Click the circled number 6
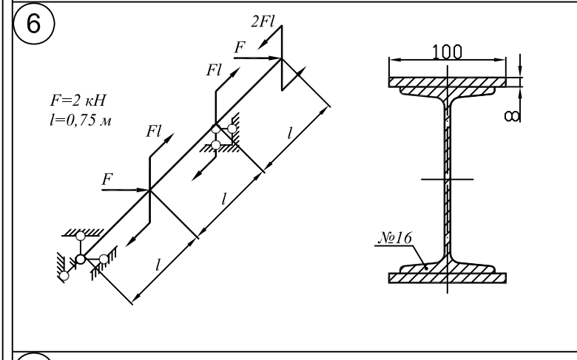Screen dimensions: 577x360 coord(33,23)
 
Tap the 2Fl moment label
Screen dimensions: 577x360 coord(263,21)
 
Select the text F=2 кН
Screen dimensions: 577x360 coord(78,100)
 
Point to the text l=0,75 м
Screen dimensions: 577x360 coord(80,120)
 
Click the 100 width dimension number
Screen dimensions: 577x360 coord(447,52)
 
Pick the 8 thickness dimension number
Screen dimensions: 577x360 coord(511,116)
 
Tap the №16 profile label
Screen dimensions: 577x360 coord(396,237)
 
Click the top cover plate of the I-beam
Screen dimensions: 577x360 coord(448,82)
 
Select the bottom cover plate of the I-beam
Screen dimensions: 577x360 coord(448,278)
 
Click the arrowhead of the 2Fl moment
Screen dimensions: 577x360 coord(263,44)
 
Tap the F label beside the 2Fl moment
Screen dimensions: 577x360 coord(240,47)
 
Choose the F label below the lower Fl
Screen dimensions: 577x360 coord(107,179)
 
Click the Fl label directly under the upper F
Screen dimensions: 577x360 coord(215,70)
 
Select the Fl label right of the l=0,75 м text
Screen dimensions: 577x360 coord(153,131)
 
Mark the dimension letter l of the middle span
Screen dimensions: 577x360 coord(223,199)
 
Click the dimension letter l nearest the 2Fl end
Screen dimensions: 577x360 coord(290,133)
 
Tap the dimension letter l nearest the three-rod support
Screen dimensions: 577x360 coord(158,265)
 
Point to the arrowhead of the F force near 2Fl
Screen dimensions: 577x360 coord(275,58)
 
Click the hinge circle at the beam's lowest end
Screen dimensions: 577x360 coord(81,259)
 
